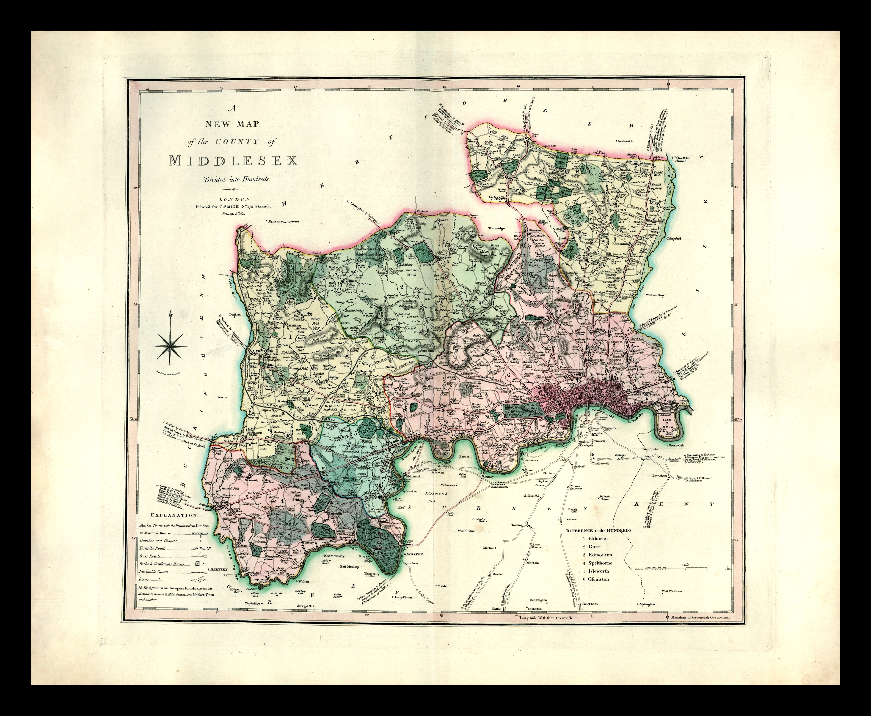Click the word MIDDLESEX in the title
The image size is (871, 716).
233,161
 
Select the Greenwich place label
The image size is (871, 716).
672,445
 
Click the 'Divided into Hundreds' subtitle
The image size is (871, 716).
233,179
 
